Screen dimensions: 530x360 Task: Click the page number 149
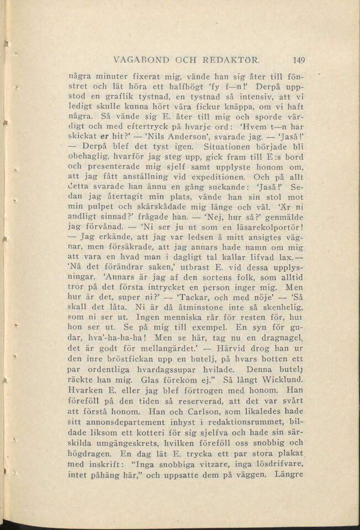[x=299, y=60]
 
